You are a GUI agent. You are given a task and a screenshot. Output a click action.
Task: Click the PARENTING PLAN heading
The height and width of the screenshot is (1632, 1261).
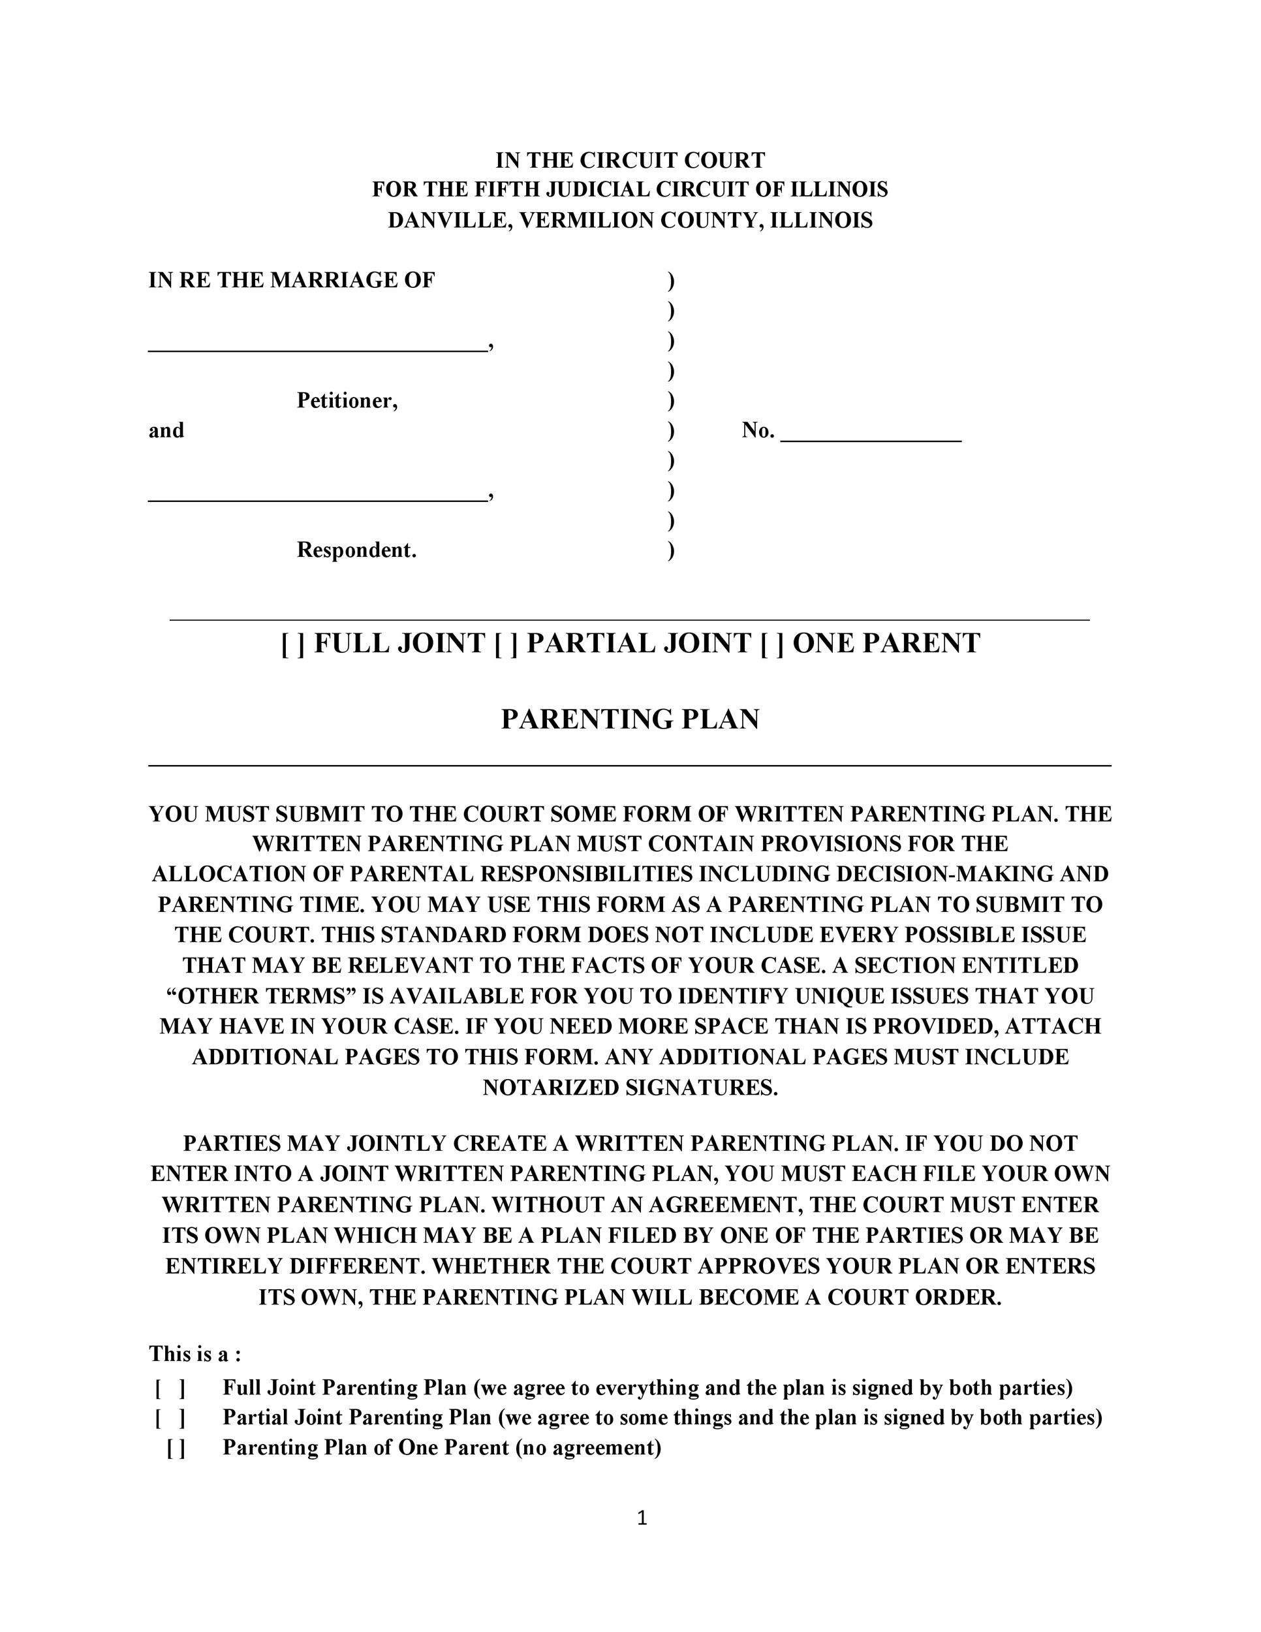630,719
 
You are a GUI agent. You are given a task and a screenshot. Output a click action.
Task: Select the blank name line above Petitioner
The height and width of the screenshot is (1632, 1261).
317,345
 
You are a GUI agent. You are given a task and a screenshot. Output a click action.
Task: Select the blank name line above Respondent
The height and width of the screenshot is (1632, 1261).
317,495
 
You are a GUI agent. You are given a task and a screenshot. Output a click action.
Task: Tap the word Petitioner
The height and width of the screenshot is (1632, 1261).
347,401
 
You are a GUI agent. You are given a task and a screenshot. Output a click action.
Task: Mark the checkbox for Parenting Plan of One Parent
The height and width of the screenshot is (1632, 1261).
176,1448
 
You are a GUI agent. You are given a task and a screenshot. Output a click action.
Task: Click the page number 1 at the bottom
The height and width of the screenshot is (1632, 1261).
641,1518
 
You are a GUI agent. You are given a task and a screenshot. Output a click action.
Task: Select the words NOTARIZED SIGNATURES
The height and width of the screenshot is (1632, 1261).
630,1088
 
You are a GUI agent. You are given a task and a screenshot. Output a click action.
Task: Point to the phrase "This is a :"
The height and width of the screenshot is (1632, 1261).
195,1353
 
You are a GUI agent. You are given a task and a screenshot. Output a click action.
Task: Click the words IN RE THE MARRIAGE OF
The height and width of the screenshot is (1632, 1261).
291,280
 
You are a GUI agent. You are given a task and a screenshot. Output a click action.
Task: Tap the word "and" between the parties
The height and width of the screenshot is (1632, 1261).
166,430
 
